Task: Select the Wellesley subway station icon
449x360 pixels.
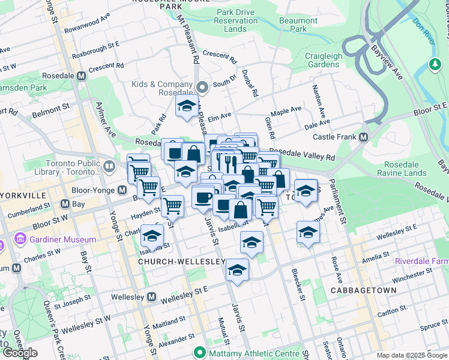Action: point(152,296)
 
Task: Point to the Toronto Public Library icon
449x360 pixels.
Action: point(109,166)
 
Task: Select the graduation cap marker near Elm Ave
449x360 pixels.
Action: point(187,106)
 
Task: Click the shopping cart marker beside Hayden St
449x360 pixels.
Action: point(173,206)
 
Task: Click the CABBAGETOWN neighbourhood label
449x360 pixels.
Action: point(363,290)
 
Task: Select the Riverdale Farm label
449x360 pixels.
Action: point(421,262)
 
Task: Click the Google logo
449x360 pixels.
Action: point(20,353)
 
